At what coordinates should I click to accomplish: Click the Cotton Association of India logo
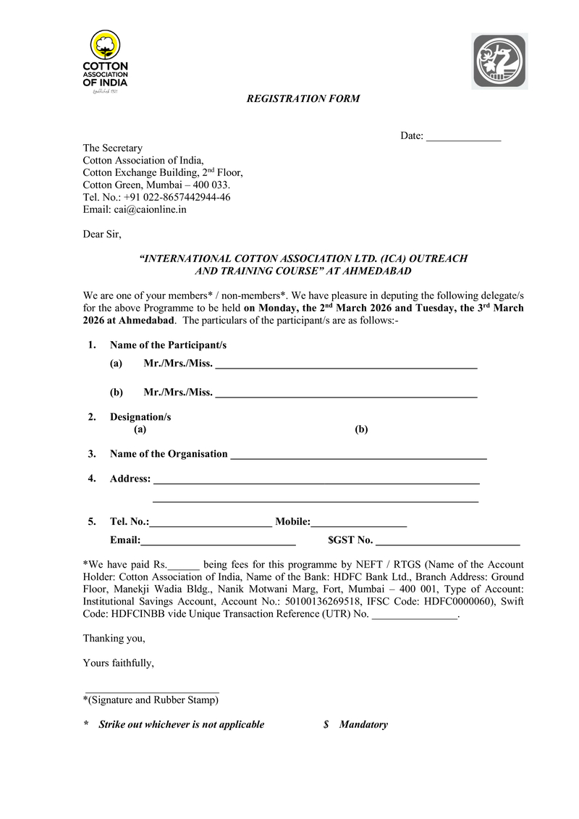tap(106, 64)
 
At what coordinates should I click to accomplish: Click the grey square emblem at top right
tap(501, 62)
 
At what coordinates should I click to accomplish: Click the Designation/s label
tap(140, 417)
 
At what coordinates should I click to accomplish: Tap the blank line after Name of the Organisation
tap(358, 457)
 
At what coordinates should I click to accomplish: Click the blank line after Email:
tap(218, 543)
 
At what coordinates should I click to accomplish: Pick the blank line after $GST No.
tap(448, 543)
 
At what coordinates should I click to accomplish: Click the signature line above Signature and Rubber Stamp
tap(152, 692)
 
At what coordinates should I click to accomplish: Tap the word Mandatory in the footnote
tap(363, 724)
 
